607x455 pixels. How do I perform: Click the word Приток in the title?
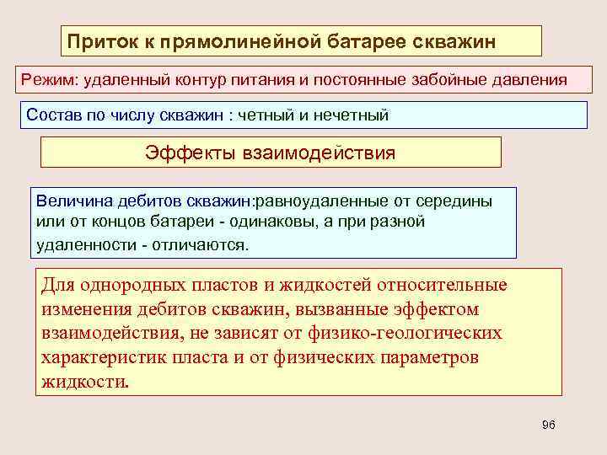pyautogui.click(x=99, y=40)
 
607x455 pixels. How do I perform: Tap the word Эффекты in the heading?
pyautogui.click(x=192, y=153)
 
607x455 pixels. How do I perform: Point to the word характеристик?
pyautogui.click(x=106, y=356)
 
